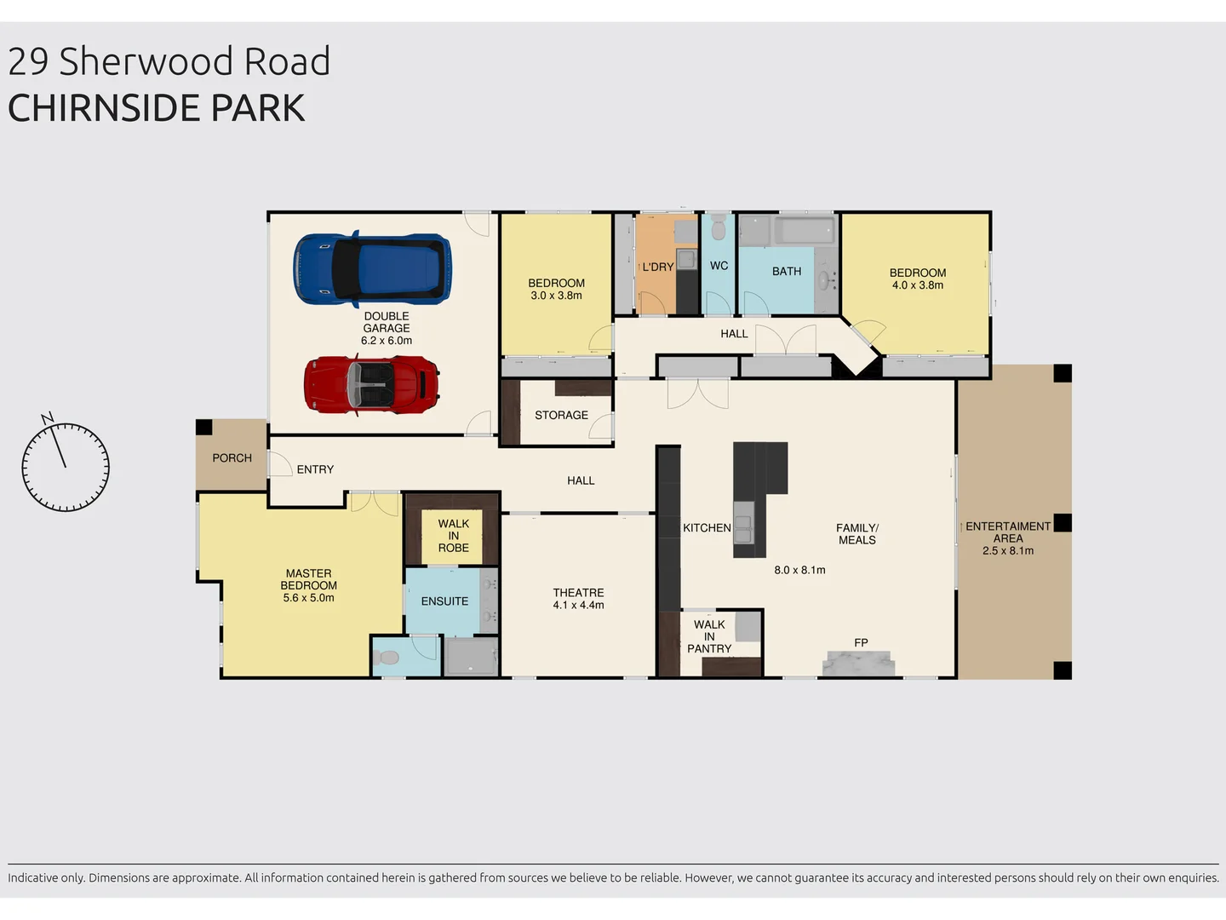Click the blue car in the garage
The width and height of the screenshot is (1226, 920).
[x=373, y=269]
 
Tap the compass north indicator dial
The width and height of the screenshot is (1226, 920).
[x=66, y=466]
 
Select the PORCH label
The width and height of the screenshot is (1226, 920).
[x=232, y=458]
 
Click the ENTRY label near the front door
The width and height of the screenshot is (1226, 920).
[x=315, y=469]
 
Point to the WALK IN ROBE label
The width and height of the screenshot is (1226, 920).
[x=453, y=536]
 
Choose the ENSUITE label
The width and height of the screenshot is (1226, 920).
[x=444, y=601]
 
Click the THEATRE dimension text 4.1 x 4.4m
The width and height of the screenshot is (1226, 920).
[x=578, y=606]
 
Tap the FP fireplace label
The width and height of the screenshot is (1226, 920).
[x=861, y=643]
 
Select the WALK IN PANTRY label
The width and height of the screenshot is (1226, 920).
[x=709, y=636]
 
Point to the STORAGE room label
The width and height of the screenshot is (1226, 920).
[x=561, y=416]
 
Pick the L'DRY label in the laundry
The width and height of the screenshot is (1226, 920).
[x=657, y=267]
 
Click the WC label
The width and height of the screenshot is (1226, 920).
[x=719, y=266]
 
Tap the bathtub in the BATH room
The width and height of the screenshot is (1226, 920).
[x=805, y=231]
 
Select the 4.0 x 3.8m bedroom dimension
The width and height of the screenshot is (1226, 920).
[x=918, y=285]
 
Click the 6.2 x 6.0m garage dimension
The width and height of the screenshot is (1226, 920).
[x=387, y=341]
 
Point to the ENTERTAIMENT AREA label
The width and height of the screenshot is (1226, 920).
[x=1008, y=532]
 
